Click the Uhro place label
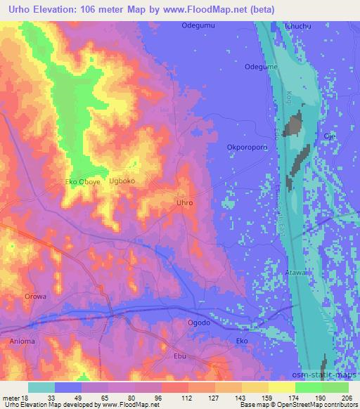click(184, 202)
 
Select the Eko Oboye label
click(83, 181)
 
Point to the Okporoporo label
click(246, 148)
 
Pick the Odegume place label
click(259, 67)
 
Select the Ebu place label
click(180, 356)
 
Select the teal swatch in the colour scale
click(41, 387)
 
